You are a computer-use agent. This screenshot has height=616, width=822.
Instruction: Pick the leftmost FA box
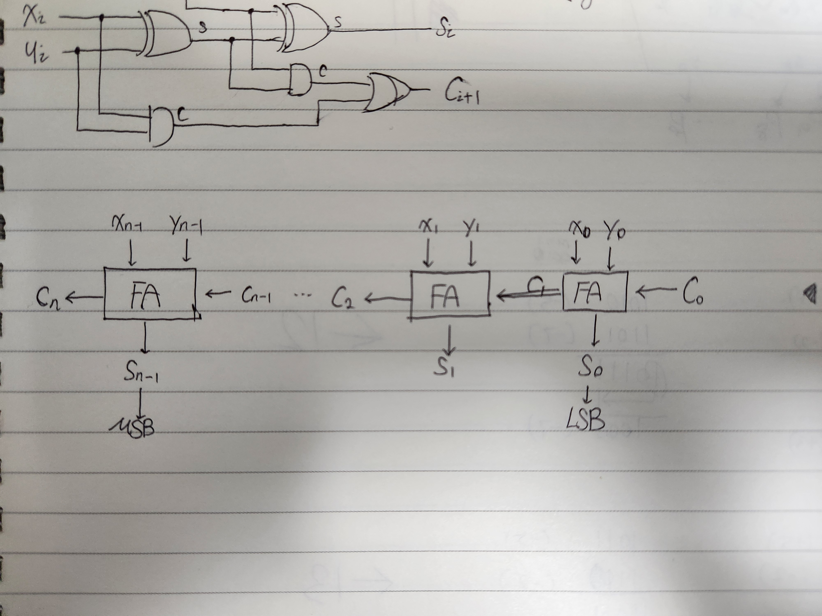150,293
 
